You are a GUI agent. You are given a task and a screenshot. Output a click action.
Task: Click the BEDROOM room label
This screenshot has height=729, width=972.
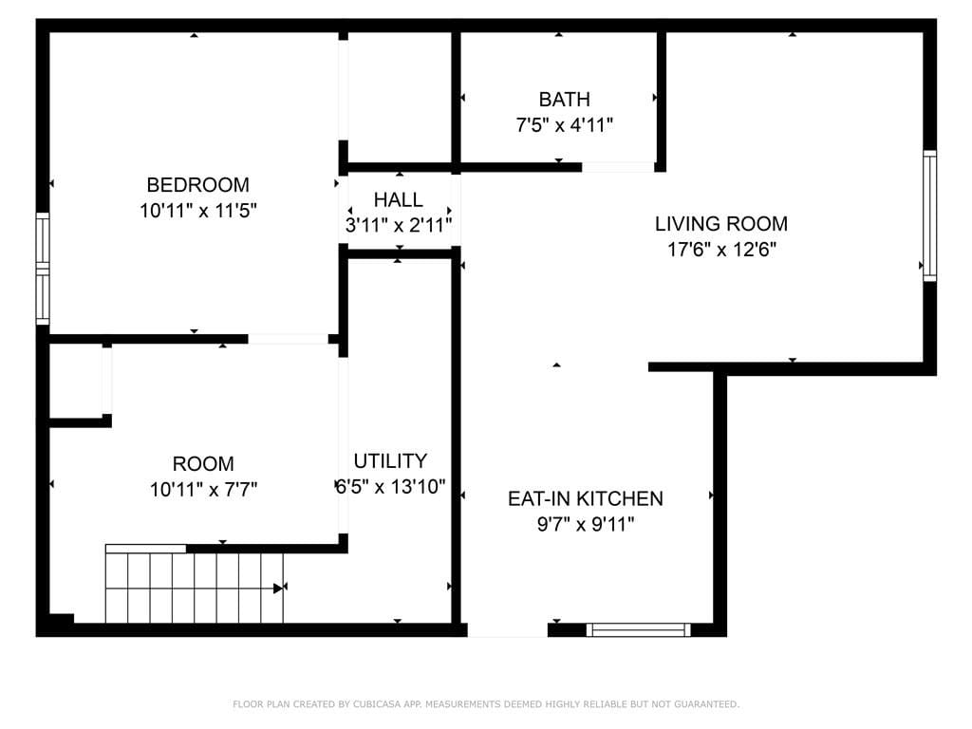point(197,184)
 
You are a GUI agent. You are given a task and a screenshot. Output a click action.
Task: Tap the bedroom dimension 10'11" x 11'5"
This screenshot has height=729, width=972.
point(197,211)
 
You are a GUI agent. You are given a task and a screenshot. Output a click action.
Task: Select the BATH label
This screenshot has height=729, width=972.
point(564,99)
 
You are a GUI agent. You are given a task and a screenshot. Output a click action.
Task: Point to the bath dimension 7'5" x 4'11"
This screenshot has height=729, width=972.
point(564,124)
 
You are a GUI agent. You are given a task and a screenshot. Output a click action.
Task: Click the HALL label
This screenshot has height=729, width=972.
point(398,199)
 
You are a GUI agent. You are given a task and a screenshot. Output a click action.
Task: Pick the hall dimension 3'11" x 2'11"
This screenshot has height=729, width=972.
point(398,225)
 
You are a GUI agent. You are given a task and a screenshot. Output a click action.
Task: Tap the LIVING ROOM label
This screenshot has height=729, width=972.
point(720,224)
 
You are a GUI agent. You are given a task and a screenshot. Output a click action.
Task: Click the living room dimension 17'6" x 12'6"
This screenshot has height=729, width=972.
point(720,250)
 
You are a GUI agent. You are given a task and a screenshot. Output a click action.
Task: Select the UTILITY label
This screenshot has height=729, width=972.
point(390,461)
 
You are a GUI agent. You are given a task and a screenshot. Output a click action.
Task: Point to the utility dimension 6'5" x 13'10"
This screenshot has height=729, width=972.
point(390,487)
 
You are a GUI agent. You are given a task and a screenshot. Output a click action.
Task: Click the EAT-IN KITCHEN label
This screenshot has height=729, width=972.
point(585,498)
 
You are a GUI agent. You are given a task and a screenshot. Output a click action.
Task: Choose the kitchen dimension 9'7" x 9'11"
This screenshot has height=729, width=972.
point(585,524)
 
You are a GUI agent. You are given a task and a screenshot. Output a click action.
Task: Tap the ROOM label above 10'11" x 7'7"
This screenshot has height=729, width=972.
point(203,464)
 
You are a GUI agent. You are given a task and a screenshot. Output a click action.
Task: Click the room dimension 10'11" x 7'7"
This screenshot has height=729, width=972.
point(203,490)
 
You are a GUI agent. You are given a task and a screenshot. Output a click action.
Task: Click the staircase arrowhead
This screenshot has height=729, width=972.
point(279,588)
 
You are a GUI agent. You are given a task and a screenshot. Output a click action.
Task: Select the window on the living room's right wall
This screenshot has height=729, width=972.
point(929,215)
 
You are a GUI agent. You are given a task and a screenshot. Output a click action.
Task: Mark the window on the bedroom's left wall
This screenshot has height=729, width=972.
point(42,269)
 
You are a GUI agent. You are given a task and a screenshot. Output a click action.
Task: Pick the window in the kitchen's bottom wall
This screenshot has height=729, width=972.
point(638,629)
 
